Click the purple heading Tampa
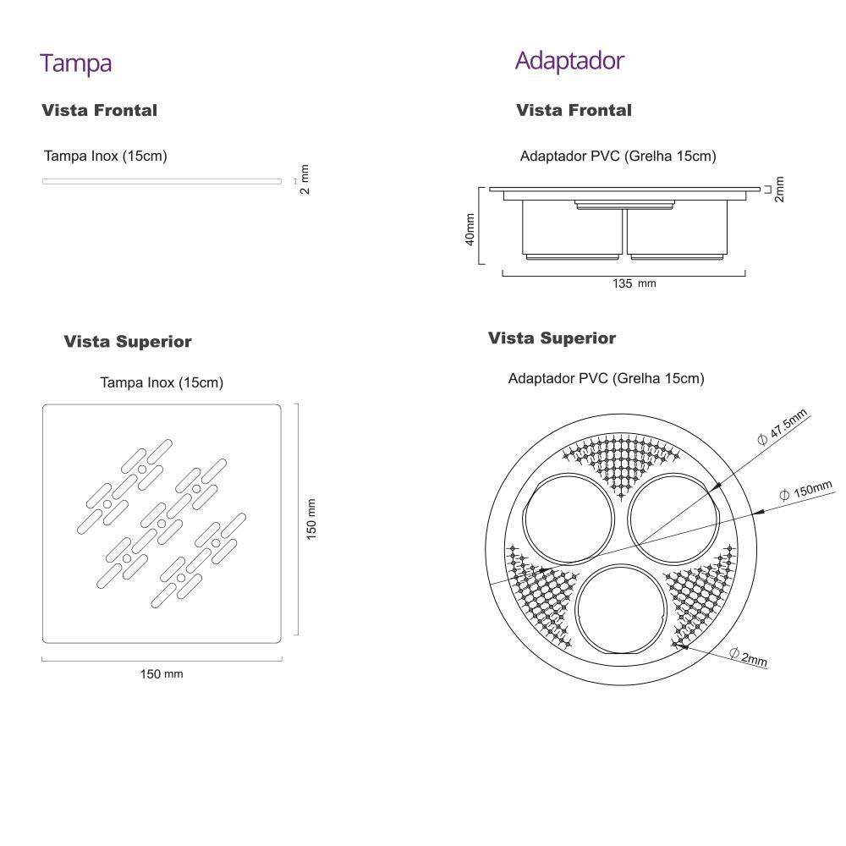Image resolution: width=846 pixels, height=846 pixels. tap(75, 63)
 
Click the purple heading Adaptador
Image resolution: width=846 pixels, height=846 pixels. tap(569, 61)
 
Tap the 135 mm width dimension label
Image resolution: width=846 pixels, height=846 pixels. tap(634, 283)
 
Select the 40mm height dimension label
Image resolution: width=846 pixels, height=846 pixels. tap(470, 229)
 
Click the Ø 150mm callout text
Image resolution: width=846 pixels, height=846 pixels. tap(806, 490)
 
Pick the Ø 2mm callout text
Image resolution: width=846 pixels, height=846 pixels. tap(748, 656)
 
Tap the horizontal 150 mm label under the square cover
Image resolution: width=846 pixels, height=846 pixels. tap(161, 674)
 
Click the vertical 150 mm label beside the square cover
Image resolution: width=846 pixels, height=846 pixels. tap(311, 519)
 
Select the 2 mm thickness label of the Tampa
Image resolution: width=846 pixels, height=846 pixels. tap(305, 179)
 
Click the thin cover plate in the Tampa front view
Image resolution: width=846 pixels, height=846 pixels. tap(162, 181)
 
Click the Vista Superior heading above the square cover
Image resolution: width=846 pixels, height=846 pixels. tap(128, 342)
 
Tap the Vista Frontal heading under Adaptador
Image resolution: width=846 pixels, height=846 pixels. tap(574, 110)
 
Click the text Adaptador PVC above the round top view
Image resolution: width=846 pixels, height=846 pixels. tap(606, 379)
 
